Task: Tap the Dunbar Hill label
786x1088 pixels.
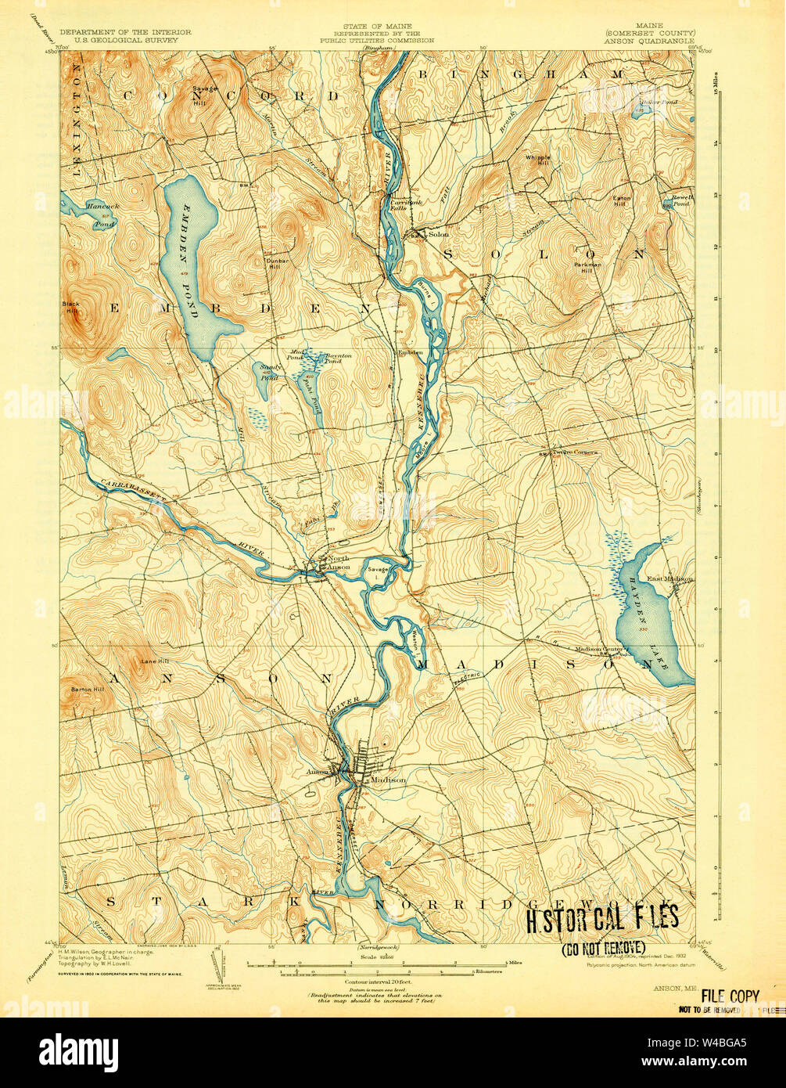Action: click(278, 263)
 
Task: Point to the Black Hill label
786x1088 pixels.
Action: click(72, 308)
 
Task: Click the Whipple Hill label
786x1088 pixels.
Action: click(537, 160)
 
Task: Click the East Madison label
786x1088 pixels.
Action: click(669, 578)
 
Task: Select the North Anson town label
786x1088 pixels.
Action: click(338, 562)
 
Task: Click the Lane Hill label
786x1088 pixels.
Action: click(152, 662)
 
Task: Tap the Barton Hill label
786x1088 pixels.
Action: click(88, 690)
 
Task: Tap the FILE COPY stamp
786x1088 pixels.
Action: click(730, 996)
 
